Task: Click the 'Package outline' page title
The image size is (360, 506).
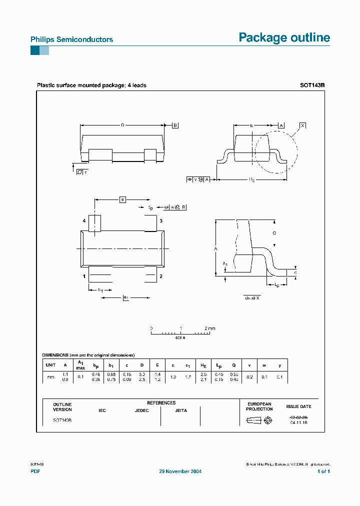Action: pyautogui.click(x=284, y=38)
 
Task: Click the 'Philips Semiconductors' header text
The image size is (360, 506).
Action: pyautogui.click(x=71, y=39)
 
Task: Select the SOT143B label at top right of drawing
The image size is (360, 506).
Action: pyautogui.click(x=312, y=85)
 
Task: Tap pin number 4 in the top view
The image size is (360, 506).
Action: pyautogui.click(x=84, y=220)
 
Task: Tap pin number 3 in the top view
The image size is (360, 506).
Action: pyautogui.click(x=160, y=220)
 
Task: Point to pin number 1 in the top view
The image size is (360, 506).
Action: pyautogui.click(x=84, y=276)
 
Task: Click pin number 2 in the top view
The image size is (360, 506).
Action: pyautogui.click(x=160, y=276)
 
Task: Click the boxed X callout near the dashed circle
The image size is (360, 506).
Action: pyautogui.click(x=302, y=125)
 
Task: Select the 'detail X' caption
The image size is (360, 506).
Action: pyautogui.click(x=252, y=297)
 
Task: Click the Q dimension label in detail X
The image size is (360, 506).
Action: pyautogui.click(x=273, y=233)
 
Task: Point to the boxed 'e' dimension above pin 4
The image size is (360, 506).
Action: pyautogui.click(x=122, y=199)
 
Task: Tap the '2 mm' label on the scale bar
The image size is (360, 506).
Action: pyautogui.click(x=209, y=328)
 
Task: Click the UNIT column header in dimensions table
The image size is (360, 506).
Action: pyautogui.click(x=50, y=365)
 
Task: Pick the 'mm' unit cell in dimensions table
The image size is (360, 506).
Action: pyautogui.click(x=50, y=377)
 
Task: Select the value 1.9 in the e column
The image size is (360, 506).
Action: pyautogui.click(x=172, y=377)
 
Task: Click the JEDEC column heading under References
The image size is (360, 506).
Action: pyautogui.click(x=141, y=410)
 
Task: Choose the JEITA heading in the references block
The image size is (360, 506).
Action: pyautogui.click(x=181, y=410)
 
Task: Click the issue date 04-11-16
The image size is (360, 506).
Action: pyautogui.click(x=298, y=423)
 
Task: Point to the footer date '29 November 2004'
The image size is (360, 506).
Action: pyautogui.click(x=180, y=471)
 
